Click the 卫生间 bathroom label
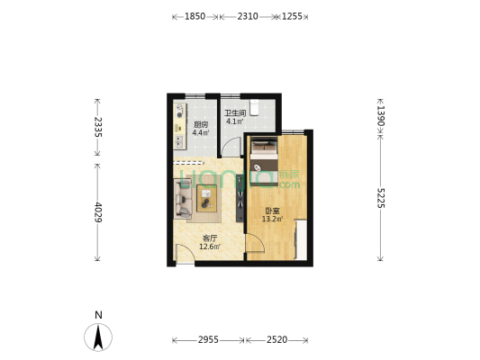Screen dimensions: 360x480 point(235,113)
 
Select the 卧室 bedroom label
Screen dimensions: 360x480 point(271,211)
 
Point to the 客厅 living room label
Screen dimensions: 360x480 point(208,238)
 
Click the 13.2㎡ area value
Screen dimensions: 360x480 point(272,219)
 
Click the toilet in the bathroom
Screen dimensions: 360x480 point(256,107)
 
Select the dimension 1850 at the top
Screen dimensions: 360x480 point(195,16)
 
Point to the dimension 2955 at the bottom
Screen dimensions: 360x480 point(208,340)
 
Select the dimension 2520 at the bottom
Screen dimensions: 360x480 point(276,340)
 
